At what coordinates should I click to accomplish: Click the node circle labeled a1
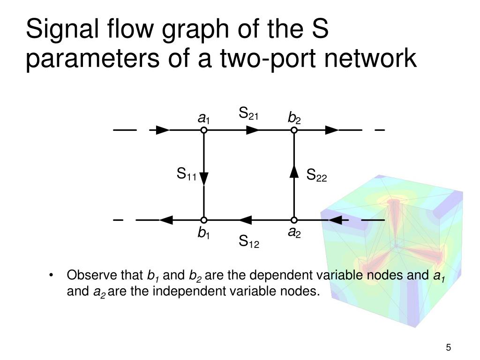(204, 130)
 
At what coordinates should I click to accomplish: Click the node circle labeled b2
(294, 130)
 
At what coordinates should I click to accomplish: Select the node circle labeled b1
(204, 219)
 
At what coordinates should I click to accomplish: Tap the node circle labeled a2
(294, 219)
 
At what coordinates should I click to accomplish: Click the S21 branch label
(248, 114)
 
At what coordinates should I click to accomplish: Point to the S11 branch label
(186, 175)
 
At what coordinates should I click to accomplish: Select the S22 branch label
(316, 176)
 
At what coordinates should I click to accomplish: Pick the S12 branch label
(248, 242)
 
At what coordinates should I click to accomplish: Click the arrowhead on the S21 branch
(253, 130)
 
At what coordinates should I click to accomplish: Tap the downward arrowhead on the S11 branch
(204, 178)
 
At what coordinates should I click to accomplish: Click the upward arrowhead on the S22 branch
(294, 172)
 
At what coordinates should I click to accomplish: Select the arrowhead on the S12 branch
(245, 219)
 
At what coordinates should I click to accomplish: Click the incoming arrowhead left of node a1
(163, 130)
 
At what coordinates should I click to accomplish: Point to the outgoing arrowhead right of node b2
(332, 130)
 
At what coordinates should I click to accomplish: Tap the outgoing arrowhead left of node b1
(166, 219)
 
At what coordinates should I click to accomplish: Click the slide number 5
(449, 347)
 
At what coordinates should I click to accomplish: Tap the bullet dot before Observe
(51, 275)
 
